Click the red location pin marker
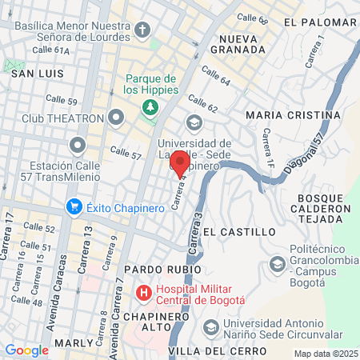click(181, 163)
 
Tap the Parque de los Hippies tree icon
click(149, 107)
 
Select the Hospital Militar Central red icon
click(144, 294)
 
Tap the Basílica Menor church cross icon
click(142, 31)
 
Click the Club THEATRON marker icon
click(117, 118)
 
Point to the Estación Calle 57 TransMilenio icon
click(78, 146)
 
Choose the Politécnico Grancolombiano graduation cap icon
click(277, 262)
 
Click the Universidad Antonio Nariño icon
click(210, 326)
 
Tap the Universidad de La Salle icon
click(193, 122)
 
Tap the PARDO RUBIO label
click(163, 270)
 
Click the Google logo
click(26, 350)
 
